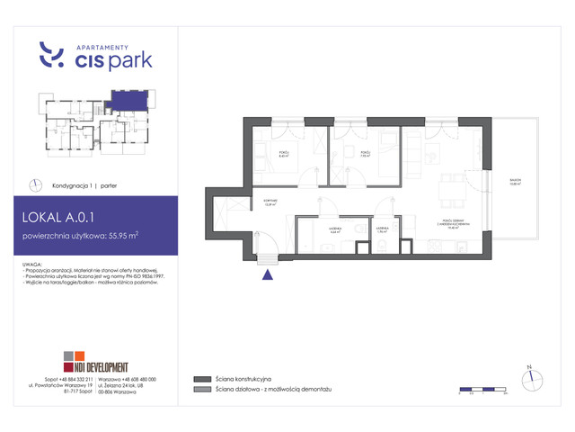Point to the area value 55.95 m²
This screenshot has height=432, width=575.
[121, 237]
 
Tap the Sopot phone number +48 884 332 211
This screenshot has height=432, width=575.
[63, 381]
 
